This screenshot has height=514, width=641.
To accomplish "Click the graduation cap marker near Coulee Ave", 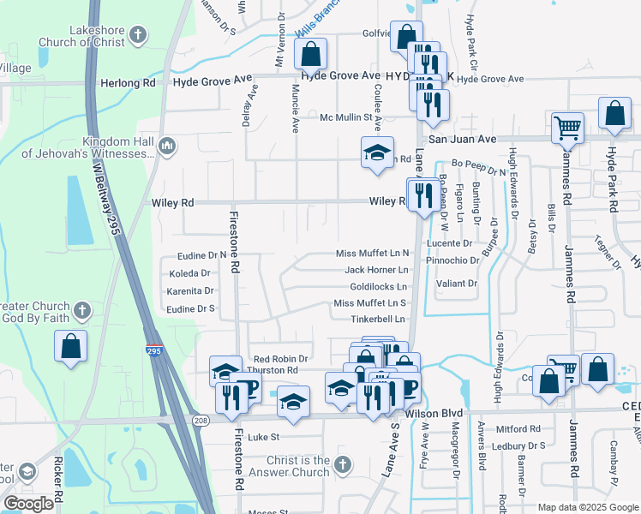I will click(377, 153).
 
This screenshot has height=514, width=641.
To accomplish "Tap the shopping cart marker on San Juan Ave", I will click(567, 129).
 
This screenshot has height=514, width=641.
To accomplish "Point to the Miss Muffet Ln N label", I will click(372, 254).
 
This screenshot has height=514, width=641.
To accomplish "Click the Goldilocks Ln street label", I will click(373, 286).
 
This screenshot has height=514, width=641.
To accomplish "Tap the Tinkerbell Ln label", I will click(377, 319).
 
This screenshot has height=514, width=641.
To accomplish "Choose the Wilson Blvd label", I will click(433, 414).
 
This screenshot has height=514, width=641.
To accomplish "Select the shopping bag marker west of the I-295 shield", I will click(71, 347).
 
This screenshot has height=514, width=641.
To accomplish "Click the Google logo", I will click(29, 504).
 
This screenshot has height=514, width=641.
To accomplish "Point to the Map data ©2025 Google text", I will click(588, 507).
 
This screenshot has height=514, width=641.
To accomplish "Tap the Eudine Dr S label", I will click(190, 309).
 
